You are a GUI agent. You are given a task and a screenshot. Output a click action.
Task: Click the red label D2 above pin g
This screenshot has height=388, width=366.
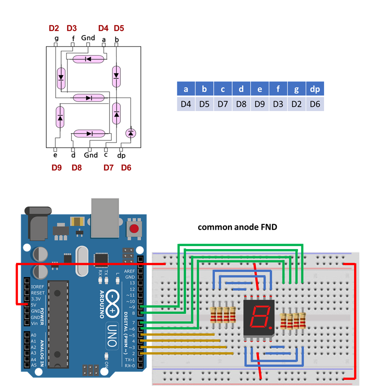pos(54,28)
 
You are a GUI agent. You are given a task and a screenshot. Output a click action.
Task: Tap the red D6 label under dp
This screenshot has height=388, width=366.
pos(126,168)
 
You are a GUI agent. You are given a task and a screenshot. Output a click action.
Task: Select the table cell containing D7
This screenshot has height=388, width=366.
pos(223,104)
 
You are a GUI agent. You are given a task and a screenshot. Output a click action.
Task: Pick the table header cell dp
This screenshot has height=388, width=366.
pos(315,89)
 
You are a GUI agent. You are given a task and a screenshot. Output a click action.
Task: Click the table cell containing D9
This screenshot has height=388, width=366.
pos(260,104)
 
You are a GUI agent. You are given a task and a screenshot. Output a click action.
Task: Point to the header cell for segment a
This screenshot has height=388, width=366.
pos(186,89)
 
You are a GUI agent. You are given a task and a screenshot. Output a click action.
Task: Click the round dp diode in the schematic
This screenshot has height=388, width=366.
pos(131,133)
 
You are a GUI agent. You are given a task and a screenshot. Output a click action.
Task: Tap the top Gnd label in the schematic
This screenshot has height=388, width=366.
pos(88,38)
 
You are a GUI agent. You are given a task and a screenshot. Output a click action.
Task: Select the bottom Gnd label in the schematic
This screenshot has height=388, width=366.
pos(91,155)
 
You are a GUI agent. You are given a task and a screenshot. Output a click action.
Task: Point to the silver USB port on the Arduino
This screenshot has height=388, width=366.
pos(105,218)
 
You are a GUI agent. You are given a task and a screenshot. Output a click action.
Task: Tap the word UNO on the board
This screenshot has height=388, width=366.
pos(112,335)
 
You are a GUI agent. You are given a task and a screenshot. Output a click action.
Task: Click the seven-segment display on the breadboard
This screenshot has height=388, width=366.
pos(259,317)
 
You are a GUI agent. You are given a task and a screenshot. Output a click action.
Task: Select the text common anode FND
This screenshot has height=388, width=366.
pos(237,227)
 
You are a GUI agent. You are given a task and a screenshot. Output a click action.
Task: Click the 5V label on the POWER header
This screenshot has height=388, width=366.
pos(34,305)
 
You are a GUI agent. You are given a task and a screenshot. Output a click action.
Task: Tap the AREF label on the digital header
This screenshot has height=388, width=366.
pos(129,271)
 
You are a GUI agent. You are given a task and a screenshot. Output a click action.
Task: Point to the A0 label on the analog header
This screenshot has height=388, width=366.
pos(33,335)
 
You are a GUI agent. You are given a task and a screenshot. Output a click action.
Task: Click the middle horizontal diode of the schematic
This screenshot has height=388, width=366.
pos(89,98)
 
